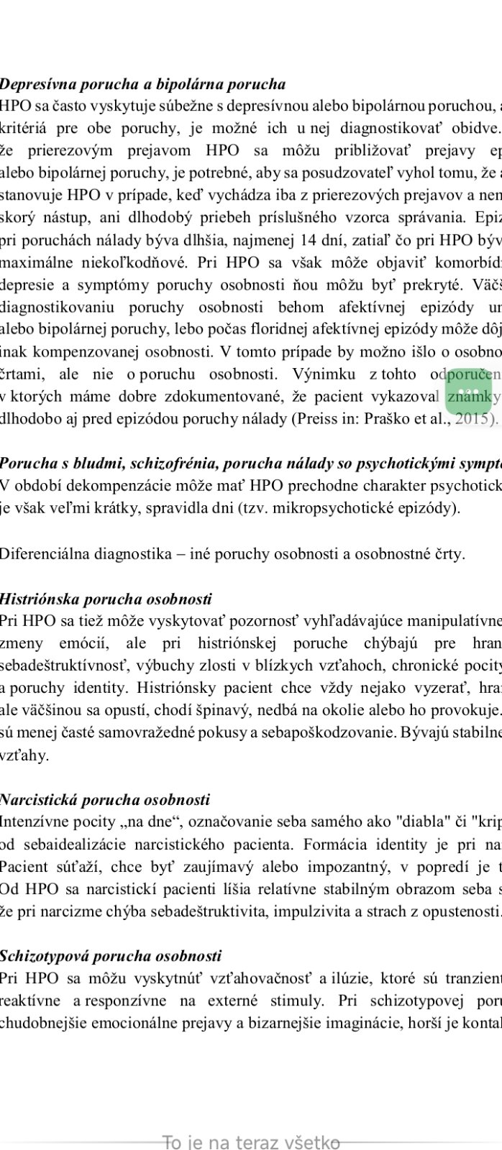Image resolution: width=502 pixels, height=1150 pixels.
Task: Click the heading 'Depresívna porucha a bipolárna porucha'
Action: pyautogui.click(x=142, y=85)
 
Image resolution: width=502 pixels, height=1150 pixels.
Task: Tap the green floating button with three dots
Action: pyautogui.click(x=469, y=392)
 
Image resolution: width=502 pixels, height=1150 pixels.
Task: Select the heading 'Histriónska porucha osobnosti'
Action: pyautogui.click(x=106, y=599)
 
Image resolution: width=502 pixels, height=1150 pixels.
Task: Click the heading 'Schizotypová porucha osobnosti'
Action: pyautogui.click(x=111, y=956)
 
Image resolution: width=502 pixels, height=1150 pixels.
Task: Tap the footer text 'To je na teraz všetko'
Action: pyautogui.click(x=251, y=1141)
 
